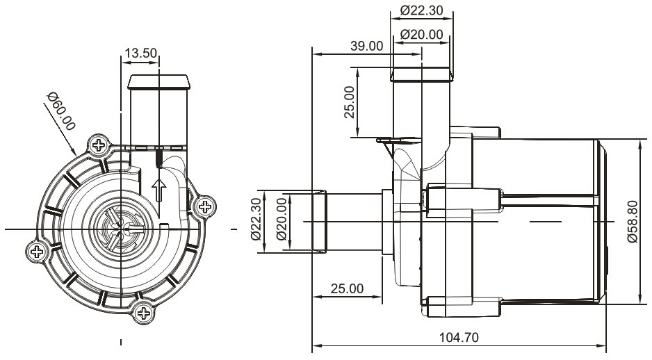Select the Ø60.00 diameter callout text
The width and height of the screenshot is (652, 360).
[x=61, y=111]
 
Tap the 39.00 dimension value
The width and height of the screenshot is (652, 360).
[x=366, y=47]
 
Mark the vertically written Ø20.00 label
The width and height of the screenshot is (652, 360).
[x=282, y=219]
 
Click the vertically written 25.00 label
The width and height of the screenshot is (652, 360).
[x=352, y=101]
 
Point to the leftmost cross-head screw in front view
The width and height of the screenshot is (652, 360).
[x=37, y=252]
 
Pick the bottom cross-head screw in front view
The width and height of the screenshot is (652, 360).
[x=144, y=313]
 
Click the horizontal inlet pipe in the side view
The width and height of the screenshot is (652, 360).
[x=348, y=221]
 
